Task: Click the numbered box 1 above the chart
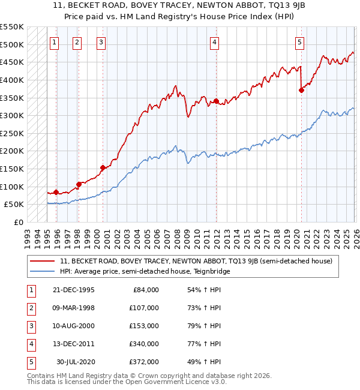tap(55, 42)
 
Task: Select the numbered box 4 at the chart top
tap(214, 42)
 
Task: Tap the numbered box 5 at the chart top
tap(299, 42)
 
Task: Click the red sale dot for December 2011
tap(215, 101)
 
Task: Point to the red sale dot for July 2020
tap(301, 90)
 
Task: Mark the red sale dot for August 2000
tap(103, 168)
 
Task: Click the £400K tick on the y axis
tap(12, 80)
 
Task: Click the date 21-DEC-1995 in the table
tap(73, 290)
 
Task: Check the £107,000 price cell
tap(145, 308)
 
